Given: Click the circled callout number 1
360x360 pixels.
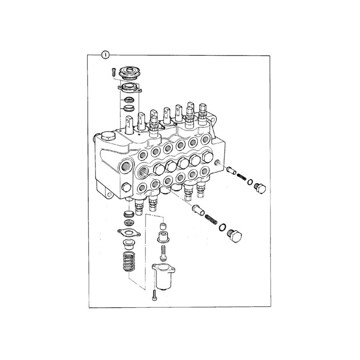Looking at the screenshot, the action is point(105,55).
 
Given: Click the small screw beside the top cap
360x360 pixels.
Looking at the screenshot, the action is point(113,72).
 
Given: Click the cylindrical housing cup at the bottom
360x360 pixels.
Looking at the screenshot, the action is point(163,277).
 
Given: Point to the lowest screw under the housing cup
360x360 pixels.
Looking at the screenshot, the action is point(154,295).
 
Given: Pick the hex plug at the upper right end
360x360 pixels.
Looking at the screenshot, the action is point(260,189).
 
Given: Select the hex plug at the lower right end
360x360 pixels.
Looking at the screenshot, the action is point(234,236).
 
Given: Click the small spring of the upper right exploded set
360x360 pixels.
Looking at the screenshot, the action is point(241,177).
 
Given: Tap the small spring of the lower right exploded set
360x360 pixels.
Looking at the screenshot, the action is point(211,220).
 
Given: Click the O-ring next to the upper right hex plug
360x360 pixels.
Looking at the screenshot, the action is point(250,182).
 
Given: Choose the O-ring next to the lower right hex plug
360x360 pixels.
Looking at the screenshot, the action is point(222,227).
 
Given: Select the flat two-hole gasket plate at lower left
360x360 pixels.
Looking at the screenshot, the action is point(129,232).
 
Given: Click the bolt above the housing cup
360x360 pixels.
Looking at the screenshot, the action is point(163,253).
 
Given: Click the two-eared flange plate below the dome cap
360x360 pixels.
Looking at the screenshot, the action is point(130,88).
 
